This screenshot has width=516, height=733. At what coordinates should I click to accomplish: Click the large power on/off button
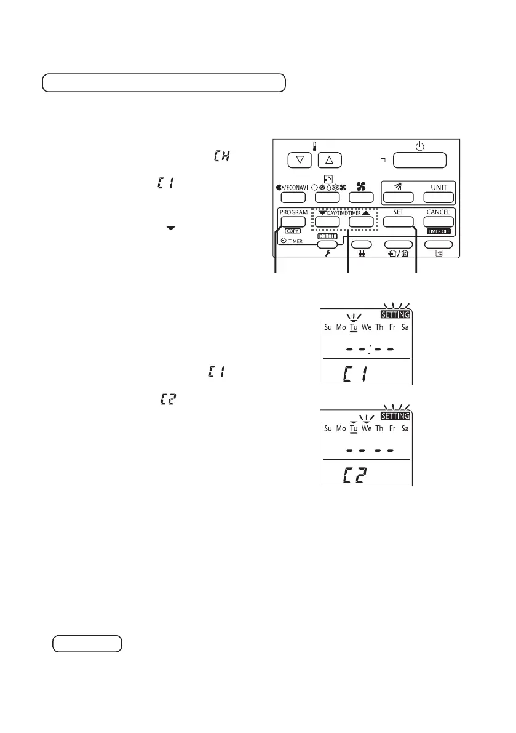coord(419,160)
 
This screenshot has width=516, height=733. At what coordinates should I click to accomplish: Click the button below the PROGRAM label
coord(293,222)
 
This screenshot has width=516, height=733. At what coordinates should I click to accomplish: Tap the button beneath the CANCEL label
coord(438,222)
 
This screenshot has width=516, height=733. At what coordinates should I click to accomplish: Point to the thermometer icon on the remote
coord(316,146)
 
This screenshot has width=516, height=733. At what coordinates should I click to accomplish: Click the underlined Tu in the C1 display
coord(353,327)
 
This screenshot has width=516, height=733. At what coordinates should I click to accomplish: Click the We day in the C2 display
coord(367,428)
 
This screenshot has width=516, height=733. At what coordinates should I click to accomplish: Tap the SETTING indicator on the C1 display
coord(394,314)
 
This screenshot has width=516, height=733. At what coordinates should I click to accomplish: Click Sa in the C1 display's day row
coord(404,327)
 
